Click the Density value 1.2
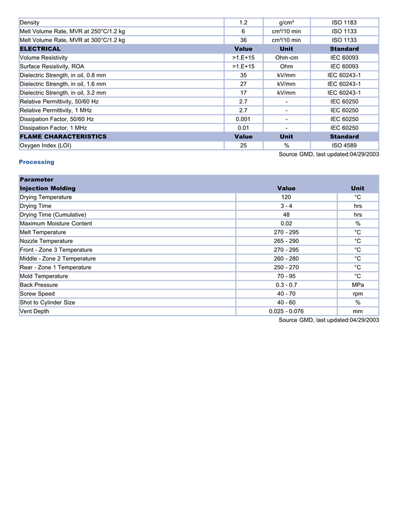(x=243, y=23)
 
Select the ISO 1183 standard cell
(x=344, y=23)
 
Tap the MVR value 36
(x=243, y=40)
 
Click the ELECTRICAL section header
(x=40, y=49)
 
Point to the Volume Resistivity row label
(x=44, y=58)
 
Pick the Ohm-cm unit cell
(x=287, y=58)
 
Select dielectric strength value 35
(x=243, y=75)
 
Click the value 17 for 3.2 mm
(x=243, y=93)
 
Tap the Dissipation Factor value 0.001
(x=243, y=119)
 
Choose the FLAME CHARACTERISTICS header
(x=63, y=137)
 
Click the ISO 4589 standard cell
(x=344, y=146)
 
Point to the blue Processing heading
(x=36, y=162)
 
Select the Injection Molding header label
(x=48, y=188)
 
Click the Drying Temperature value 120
(x=286, y=197)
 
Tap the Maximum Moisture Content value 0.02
(x=286, y=224)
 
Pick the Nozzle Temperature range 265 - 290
(x=286, y=241)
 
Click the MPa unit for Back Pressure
(x=358, y=285)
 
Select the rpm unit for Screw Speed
(x=358, y=294)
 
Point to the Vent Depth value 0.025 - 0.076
(x=286, y=311)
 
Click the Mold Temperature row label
(x=44, y=277)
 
